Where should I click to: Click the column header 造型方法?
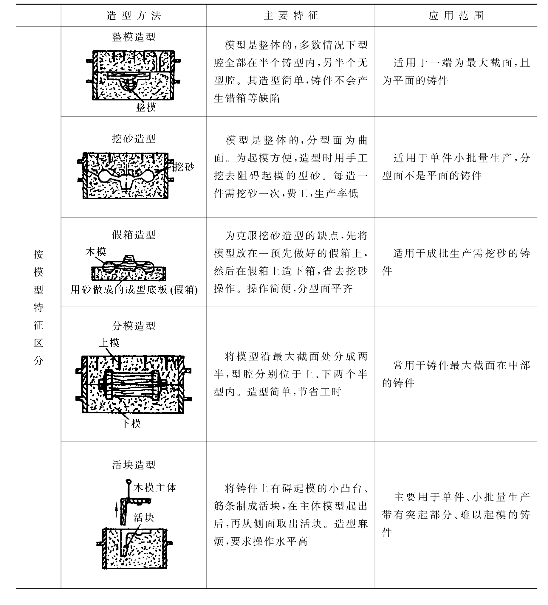134,15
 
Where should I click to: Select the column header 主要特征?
291,15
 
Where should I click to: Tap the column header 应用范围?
456,15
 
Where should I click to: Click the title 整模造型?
134,37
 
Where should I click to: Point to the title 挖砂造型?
134,139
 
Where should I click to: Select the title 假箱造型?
134,235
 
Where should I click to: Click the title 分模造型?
134,326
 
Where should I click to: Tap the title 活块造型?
134,465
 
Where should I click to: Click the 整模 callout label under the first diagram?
146,107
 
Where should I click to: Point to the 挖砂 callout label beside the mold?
183,167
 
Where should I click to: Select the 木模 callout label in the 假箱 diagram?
96,252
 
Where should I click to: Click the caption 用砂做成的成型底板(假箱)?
134,290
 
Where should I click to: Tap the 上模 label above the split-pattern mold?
109,343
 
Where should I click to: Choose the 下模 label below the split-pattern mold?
131,424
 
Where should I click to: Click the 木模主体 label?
155,487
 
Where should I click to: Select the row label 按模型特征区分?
38,307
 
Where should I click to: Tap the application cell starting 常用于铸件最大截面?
456,374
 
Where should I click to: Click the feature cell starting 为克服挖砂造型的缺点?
291,262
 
